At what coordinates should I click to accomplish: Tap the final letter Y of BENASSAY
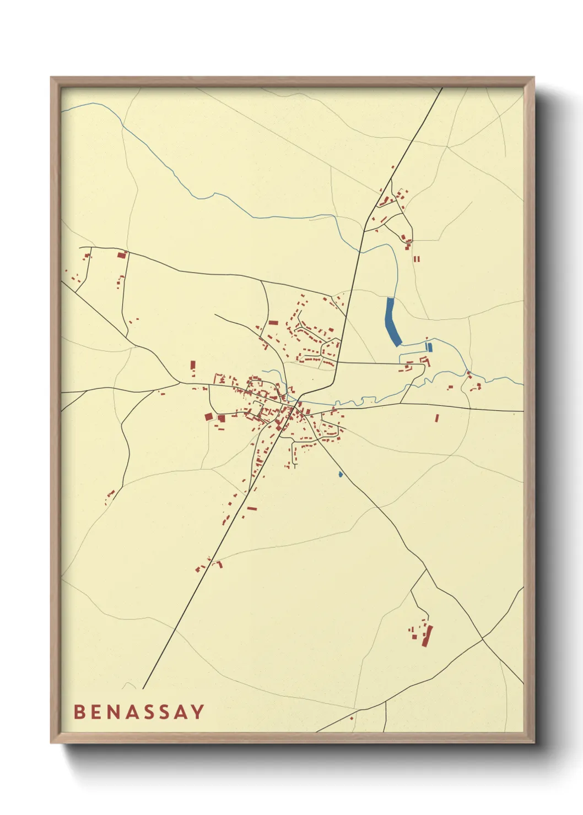(197, 711)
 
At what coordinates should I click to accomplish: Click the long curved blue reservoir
(393, 323)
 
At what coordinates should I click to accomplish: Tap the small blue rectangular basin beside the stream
(430, 347)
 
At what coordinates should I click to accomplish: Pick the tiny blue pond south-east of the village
(341, 474)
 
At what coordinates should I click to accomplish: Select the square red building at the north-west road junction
(122, 255)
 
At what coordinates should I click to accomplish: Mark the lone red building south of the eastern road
(437, 418)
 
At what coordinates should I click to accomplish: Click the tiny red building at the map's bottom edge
(352, 718)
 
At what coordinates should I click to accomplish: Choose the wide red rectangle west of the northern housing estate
(273, 323)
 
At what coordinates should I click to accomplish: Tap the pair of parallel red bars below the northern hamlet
(417, 258)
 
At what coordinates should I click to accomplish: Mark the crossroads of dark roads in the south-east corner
(483, 639)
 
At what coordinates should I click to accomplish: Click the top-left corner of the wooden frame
(51, 78)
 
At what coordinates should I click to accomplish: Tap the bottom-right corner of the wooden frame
(534, 743)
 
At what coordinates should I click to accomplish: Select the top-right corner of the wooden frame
(534, 78)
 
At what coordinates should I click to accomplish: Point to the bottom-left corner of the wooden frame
(51, 743)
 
